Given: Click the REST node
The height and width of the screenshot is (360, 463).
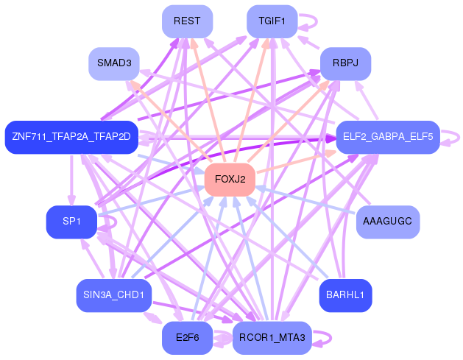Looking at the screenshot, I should tap(187, 21).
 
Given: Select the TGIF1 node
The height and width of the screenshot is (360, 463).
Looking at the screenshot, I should tap(272, 21).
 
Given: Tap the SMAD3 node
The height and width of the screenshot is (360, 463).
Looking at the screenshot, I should tap(113, 64).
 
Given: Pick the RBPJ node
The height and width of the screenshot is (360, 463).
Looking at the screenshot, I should tap(344, 64).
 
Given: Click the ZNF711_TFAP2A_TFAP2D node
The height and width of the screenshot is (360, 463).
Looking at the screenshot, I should tap(71, 137).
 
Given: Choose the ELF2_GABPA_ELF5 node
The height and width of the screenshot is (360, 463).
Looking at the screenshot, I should tap(388, 137).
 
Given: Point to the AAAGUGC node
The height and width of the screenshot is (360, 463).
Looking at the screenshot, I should tap(388, 222).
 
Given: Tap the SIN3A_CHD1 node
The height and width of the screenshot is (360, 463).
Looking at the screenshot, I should tap(113, 295).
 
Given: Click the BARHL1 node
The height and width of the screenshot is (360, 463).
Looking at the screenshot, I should tap(345, 295).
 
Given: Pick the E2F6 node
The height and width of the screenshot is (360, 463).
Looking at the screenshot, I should tap(187, 338).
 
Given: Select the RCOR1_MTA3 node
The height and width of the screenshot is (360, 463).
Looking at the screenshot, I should tap(272, 338).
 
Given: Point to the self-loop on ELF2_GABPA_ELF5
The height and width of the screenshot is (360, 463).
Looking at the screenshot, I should tap(456, 137).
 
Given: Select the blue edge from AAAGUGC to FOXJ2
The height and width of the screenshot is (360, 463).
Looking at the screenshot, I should tap(309, 201).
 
